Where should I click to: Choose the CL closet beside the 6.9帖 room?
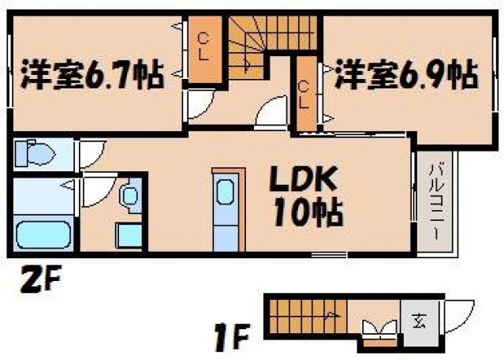pos(305,93)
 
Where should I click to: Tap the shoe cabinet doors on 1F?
pos(378,330)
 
